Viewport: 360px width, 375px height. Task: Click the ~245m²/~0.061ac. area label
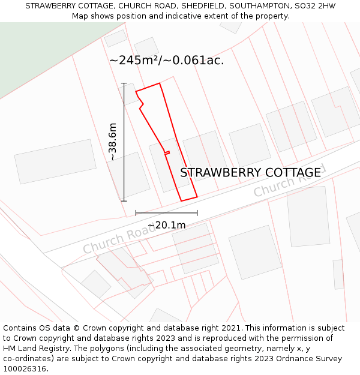coord(166,60)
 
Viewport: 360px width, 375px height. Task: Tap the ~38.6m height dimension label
coord(112,142)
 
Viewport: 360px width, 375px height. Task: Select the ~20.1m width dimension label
coord(166,226)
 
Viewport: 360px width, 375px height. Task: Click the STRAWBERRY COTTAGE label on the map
coord(250,173)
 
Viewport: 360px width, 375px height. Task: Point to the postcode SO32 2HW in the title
coord(314,6)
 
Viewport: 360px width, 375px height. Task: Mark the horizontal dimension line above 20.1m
coord(166,212)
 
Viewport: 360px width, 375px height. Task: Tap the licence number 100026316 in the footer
coord(23,368)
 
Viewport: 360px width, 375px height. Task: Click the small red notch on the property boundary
coord(167,152)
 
